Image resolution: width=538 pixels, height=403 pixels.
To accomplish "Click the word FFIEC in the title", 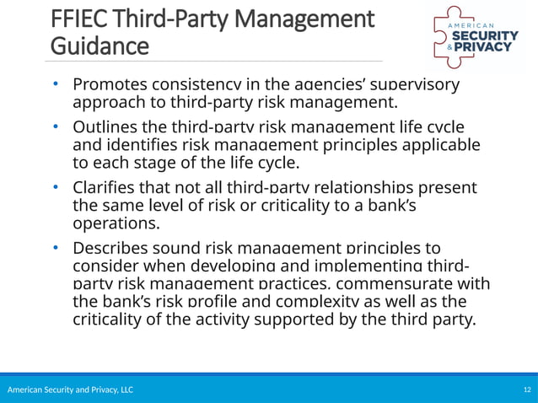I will (x=79, y=18).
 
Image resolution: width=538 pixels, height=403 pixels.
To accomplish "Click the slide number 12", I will (x=527, y=390).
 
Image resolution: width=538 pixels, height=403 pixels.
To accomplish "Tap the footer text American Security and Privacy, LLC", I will (x=70, y=390).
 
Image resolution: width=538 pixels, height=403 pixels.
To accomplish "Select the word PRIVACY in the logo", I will (x=487, y=47).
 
